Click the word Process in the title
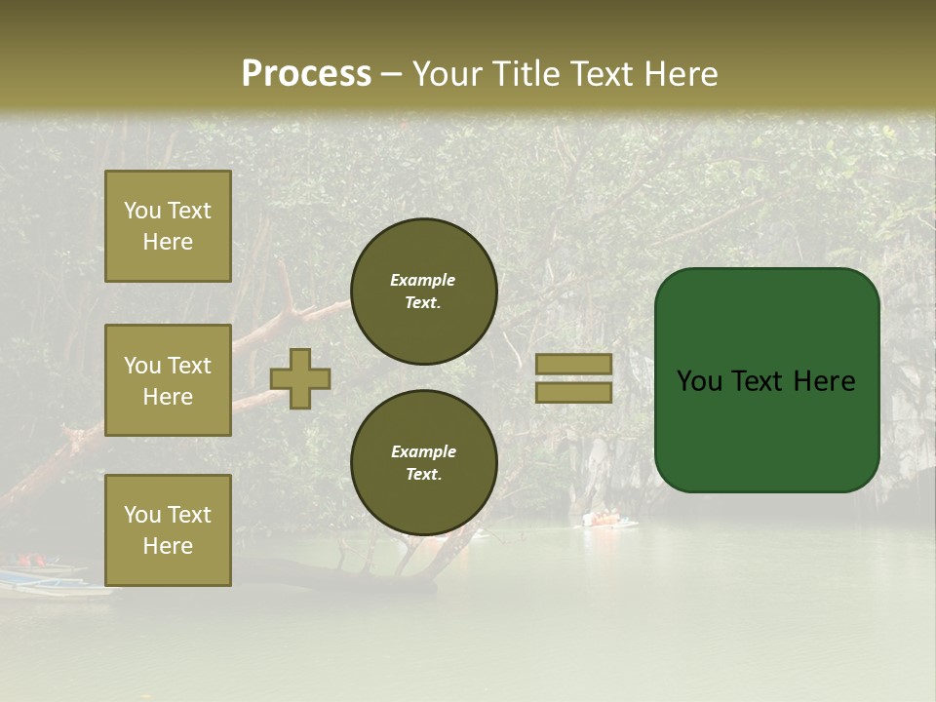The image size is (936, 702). click(306, 74)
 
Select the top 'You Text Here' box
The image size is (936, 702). click(168, 226)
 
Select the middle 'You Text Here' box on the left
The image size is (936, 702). click(168, 380)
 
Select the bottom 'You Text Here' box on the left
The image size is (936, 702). click(168, 529)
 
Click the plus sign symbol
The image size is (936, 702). click(300, 378)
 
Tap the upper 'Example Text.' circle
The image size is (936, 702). click(423, 292)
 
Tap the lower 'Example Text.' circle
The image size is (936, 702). click(423, 462)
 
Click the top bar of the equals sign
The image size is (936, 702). click(574, 364)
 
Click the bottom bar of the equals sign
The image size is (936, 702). click(574, 392)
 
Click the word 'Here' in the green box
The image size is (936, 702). click(824, 381)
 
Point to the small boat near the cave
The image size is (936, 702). click(609, 520)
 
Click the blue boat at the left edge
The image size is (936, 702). click(39, 579)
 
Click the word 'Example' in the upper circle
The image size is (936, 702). click(423, 280)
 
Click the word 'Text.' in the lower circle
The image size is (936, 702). click(423, 475)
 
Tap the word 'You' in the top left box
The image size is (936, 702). click(142, 211)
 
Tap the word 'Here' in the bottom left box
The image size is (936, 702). click(168, 546)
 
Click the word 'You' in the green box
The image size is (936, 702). click(698, 381)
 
